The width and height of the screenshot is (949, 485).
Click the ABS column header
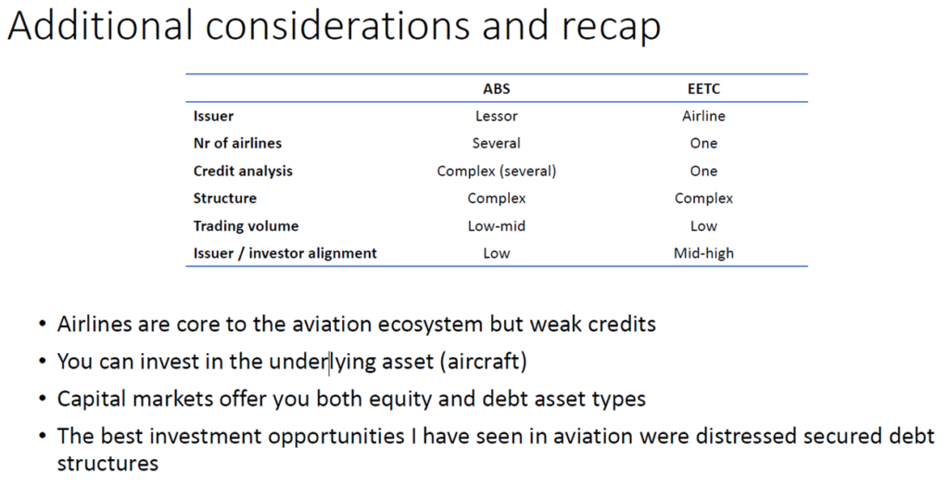pyautogui.click(x=497, y=88)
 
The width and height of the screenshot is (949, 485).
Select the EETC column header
pyautogui.click(x=703, y=88)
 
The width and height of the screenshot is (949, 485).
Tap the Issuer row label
pyautogui.click(x=213, y=116)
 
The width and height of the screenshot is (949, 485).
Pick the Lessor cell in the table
pyautogui.click(x=497, y=116)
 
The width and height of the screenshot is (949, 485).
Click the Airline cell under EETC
pyautogui.click(x=703, y=116)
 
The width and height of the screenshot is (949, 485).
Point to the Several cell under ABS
pyautogui.click(x=497, y=144)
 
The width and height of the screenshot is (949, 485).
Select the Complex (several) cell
pyautogui.click(x=497, y=172)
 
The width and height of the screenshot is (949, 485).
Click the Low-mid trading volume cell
pyautogui.click(x=497, y=226)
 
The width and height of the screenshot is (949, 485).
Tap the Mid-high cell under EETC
pyautogui.click(x=703, y=253)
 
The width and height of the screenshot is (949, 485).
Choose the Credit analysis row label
pyautogui.click(x=243, y=172)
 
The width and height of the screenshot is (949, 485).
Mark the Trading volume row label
pyautogui.click(x=246, y=226)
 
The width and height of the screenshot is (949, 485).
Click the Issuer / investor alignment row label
pyautogui.click(x=285, y=253)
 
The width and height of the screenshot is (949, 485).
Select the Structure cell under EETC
pyautogui.click(x=703, y=198)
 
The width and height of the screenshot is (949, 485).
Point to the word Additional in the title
pyautogui.click(x=101, y=25)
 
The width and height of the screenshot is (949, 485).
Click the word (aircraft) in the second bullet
pyautogui.click(x=484, y=362)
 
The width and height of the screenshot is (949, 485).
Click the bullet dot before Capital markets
pyautogui.click(x=43, y=399)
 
